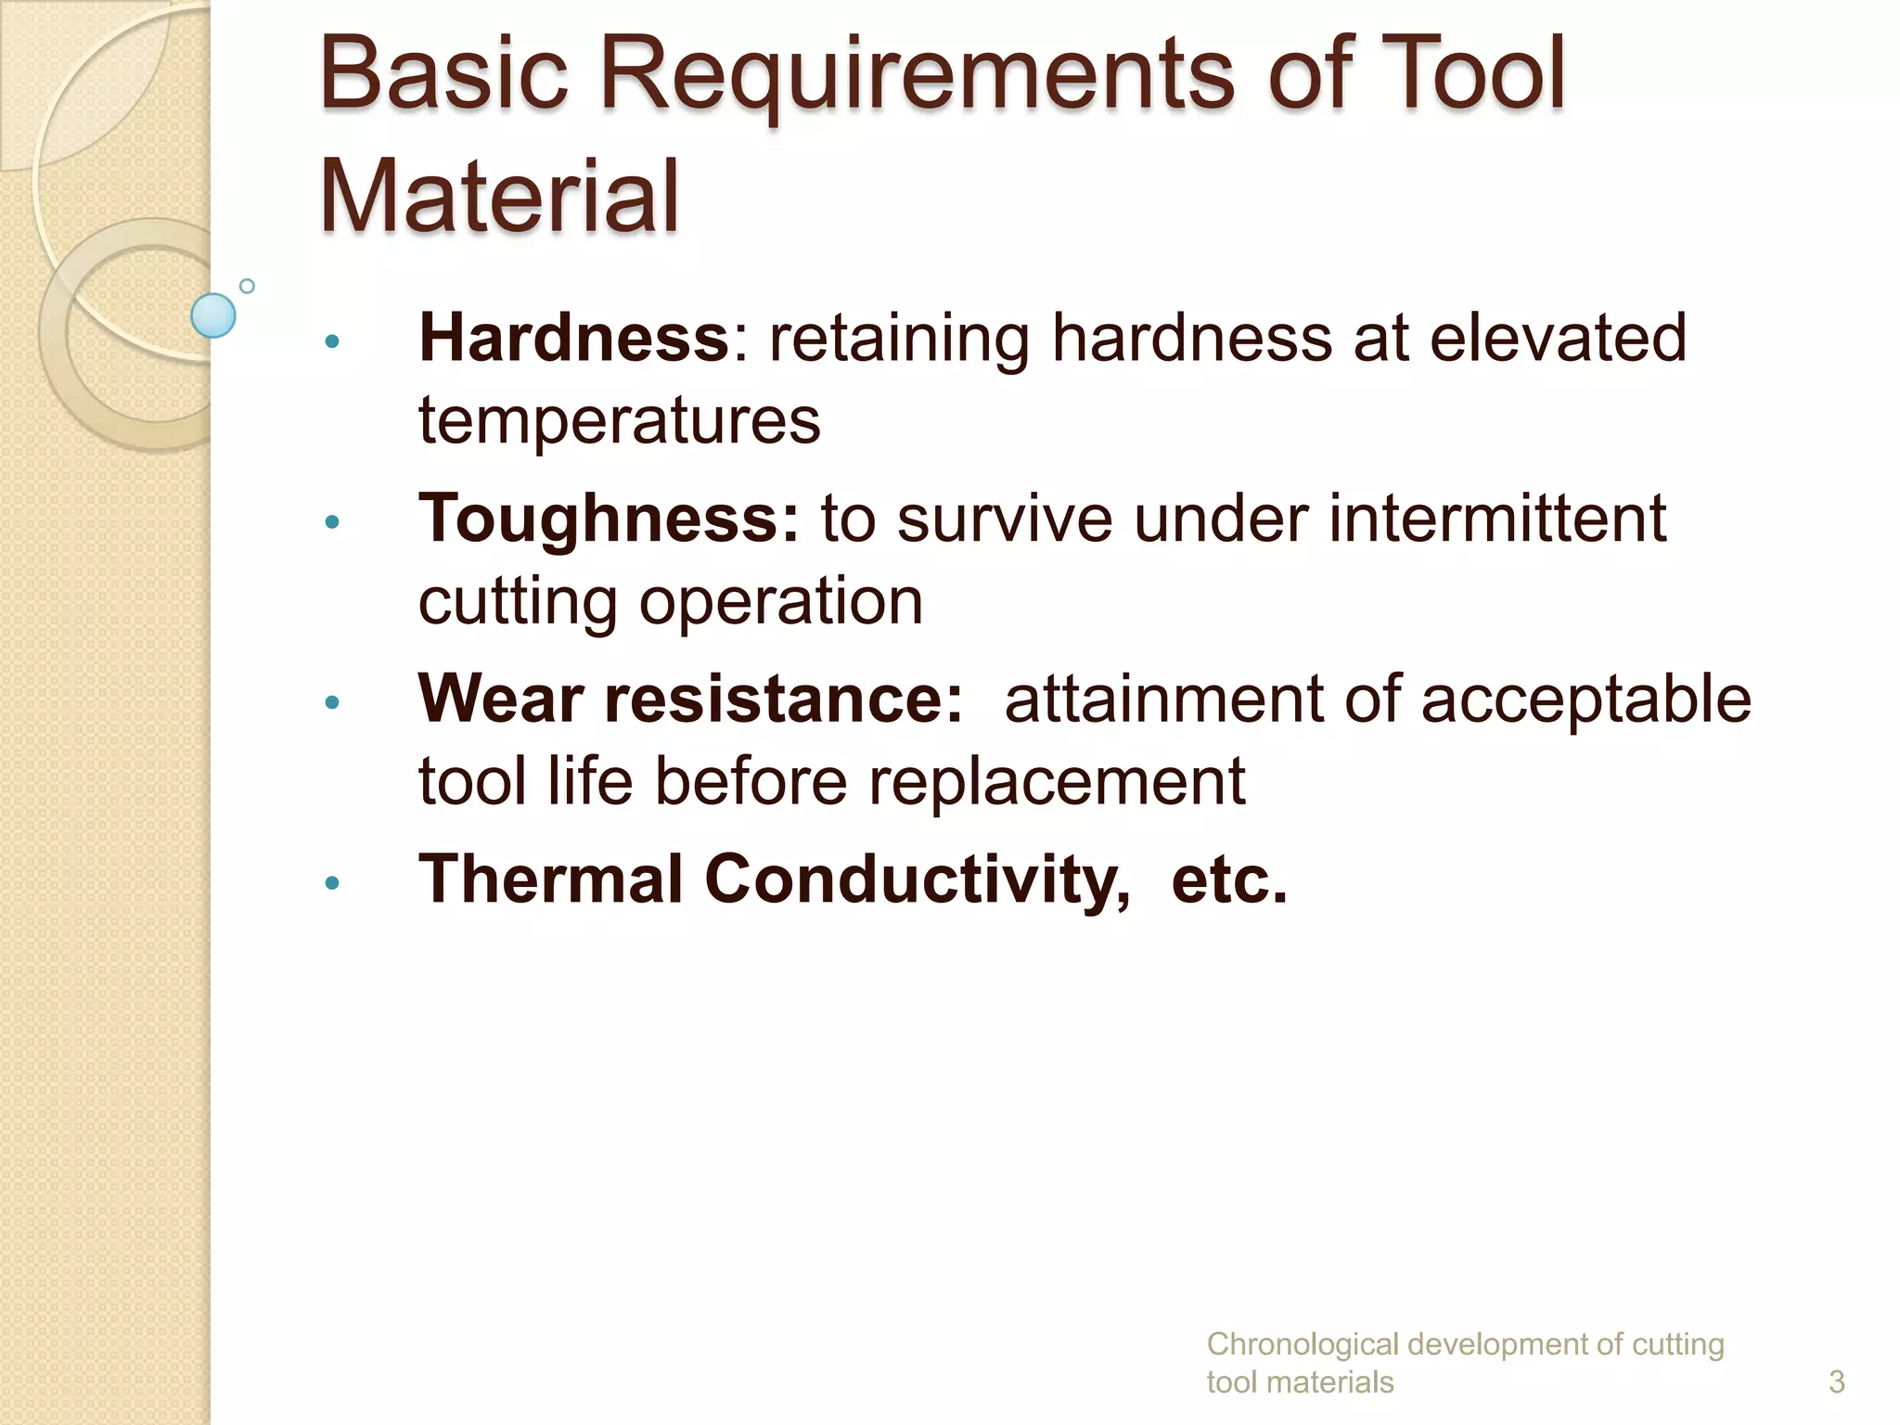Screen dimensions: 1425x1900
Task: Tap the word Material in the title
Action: coord(499,197)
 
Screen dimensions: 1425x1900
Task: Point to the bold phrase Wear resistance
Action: coord(690,699)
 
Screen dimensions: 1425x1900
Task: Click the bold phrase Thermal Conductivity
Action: coord(774,879)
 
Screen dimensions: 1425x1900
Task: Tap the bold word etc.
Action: coord(1229,879)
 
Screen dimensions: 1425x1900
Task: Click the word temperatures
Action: coord(619,420)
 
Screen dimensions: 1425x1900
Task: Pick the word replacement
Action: coord(1057,781)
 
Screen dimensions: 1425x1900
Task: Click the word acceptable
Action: coord(1585,699)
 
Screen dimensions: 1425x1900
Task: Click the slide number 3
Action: coord(1836,1381)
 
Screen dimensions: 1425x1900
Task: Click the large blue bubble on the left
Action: coord(213,315)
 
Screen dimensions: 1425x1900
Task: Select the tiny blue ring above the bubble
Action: coord(247,286)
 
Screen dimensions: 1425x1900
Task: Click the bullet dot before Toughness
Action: coord(332,522)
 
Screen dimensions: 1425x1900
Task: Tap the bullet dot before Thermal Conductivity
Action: coord(332,883)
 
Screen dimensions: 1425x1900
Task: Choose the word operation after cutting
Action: coord(780,601)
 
